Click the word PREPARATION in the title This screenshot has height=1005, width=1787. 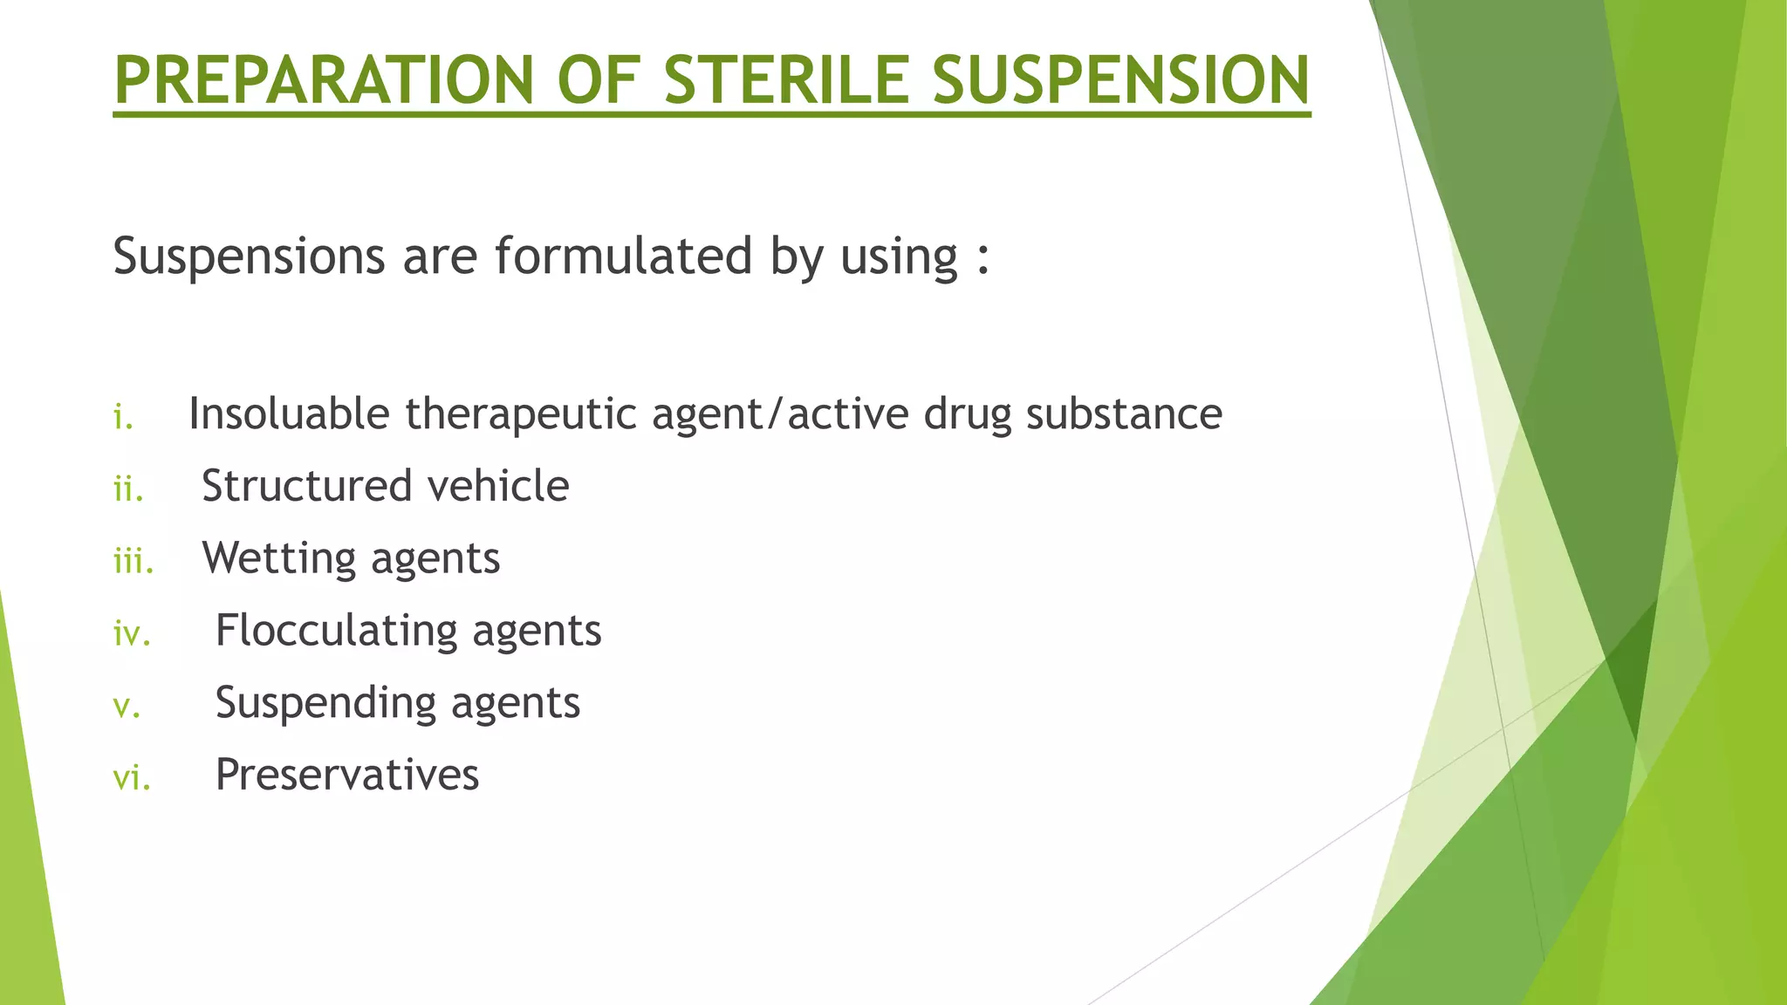pos(323,80)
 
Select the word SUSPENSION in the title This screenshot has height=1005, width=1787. pos(1120,80)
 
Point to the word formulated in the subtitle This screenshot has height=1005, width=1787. pos(623,256)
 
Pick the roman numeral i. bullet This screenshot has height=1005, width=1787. pos(123,417)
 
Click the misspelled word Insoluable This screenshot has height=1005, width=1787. pos(289,414)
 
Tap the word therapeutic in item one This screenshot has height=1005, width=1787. pos(521,415)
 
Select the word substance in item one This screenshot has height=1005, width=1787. pos(1124,414)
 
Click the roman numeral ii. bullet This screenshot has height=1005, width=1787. pos(128,489)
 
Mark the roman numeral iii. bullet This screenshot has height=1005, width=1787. pos(134,562)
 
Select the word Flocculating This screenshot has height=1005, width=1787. pos(336,631)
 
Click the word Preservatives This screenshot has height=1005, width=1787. pos(347,775)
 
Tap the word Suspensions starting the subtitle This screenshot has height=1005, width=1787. pos(250,258)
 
